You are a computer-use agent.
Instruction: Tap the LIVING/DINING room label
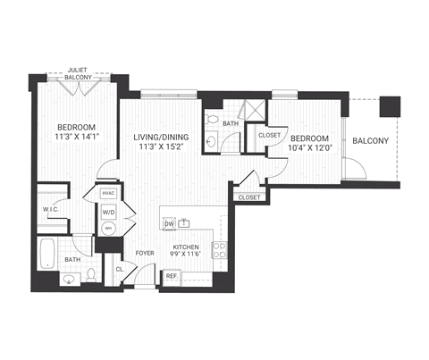click(x=161, y=137)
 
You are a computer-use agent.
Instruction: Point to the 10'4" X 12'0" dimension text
click(x=309, y=148)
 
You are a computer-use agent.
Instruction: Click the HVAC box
click(x=109, y=193)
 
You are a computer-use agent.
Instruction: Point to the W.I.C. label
click(x=50, y=211)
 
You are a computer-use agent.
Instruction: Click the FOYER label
click(x=146, y=253)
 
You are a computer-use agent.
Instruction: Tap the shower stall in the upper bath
click(x=255, y=110)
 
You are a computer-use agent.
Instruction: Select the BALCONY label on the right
click(x=369, y=141)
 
